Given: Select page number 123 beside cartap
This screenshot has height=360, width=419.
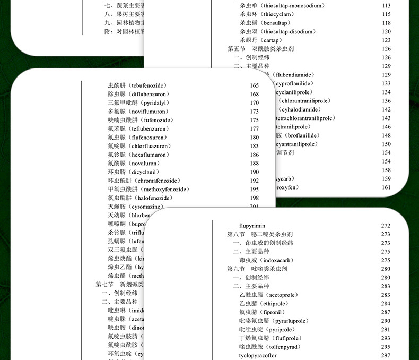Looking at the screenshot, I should pos(386,40).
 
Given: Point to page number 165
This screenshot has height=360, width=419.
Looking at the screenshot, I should pos(254,85).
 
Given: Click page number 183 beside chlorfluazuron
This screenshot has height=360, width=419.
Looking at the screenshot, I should pos(254,146).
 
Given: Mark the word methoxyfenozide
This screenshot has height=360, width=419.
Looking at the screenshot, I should pos(164,189).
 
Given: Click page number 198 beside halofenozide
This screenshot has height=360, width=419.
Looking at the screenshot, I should pos(254,198).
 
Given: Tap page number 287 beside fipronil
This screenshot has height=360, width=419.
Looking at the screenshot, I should pos(386,312).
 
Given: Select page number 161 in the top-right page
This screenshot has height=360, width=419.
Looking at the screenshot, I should pos(386,187).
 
